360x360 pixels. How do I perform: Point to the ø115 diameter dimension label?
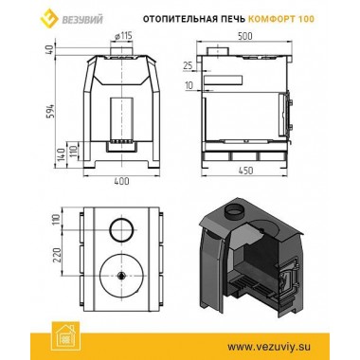pyautogui.click(x=119, y=37)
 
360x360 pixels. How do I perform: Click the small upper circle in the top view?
pyautogui.click(x=121, y=230)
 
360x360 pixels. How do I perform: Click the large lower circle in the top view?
pyautogui.click(x=121, y=275)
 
